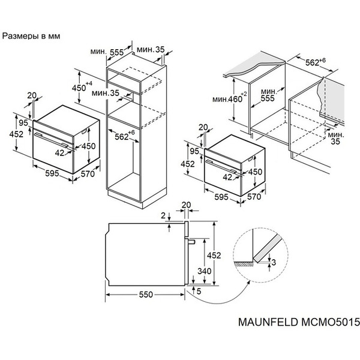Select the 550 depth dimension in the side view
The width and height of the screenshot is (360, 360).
[146, 295]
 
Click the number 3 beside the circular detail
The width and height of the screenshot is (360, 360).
[274, 262]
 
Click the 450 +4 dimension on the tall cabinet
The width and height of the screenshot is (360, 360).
[81, 88]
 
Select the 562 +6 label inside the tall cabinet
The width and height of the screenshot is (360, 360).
[124, 136]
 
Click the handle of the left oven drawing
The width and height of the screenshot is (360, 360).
[52, 137]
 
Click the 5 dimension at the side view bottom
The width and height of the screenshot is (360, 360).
[199, 292]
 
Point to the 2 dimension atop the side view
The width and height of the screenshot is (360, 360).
[163, 214]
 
